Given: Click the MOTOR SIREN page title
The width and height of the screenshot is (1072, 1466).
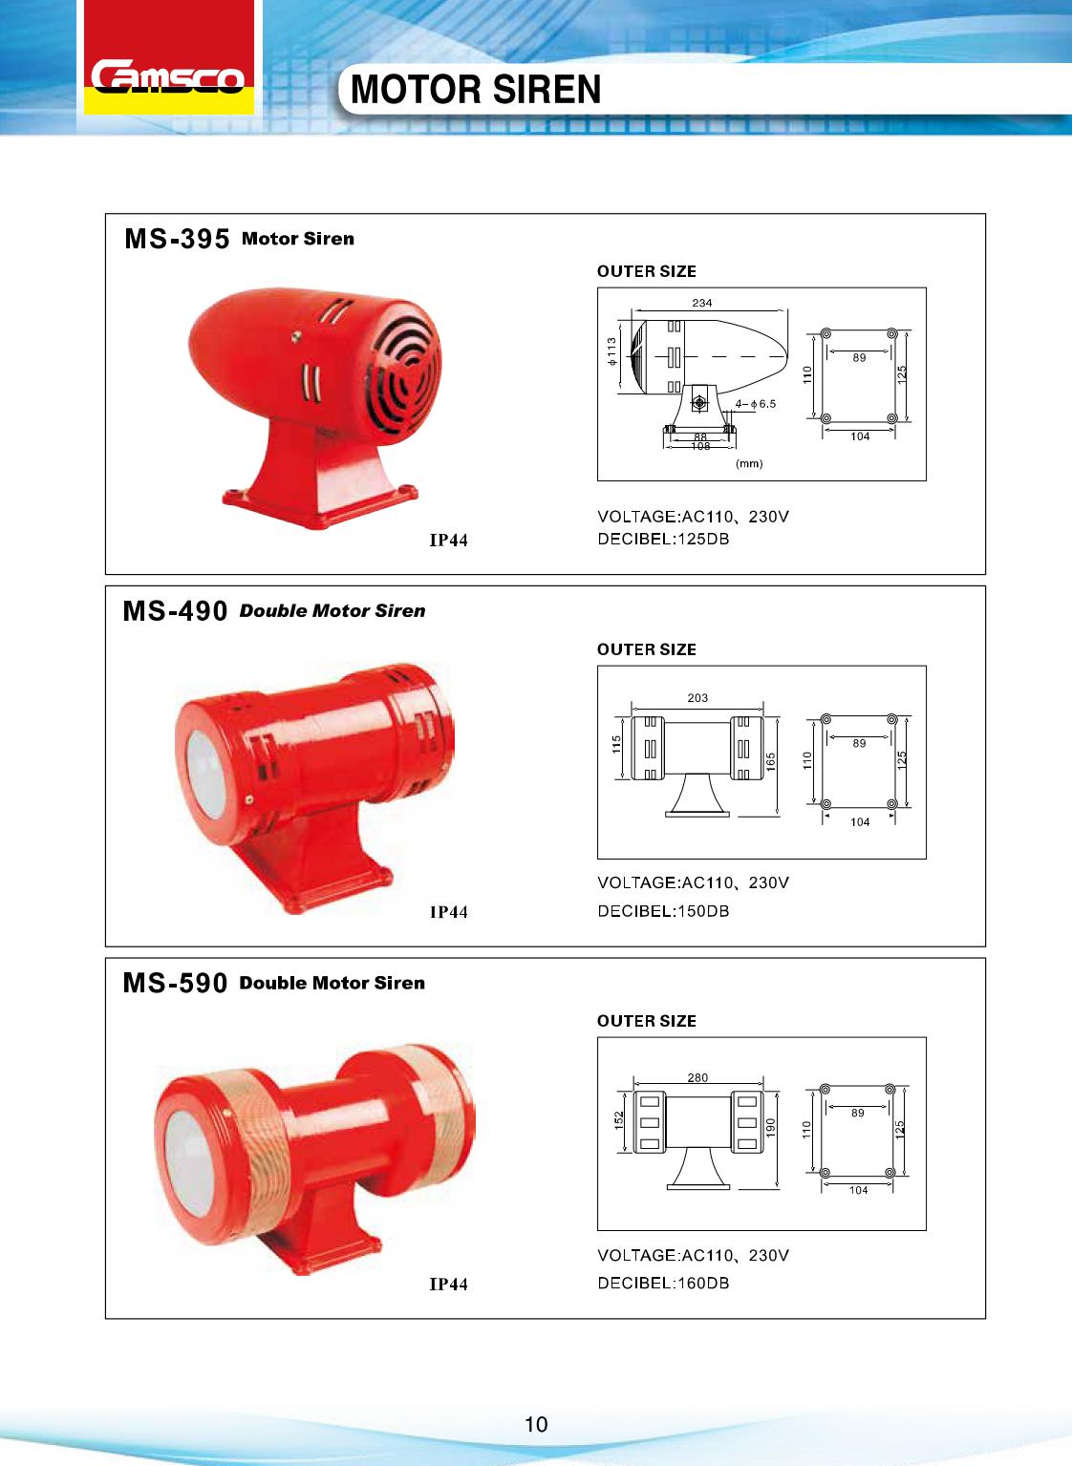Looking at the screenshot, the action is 476,90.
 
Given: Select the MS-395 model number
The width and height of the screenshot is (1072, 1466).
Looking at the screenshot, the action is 177,239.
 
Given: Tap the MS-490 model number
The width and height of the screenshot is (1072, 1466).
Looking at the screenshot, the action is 176,611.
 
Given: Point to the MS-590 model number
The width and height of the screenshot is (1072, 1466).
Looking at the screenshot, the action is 176,983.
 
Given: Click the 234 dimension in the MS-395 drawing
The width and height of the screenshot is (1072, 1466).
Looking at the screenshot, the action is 702,303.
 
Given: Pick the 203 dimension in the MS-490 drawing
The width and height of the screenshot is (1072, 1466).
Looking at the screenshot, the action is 697,697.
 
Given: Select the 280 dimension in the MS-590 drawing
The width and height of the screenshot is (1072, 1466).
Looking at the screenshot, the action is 697,1077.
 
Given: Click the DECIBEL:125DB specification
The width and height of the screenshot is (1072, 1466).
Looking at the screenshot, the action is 663,540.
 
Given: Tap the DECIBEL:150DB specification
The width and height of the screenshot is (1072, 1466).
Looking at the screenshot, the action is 663,911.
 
